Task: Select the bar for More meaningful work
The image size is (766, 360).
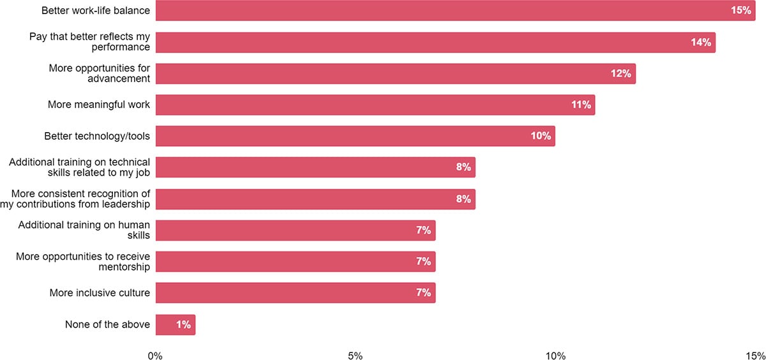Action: coord(375,105)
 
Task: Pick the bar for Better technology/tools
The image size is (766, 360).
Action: coord(355,136)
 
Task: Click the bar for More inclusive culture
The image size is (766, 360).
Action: coord(295,293)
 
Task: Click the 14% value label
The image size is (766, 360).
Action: coord(701,42)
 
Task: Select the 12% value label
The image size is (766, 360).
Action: coord(621,73)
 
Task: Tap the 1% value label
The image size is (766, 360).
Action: coord(184,325)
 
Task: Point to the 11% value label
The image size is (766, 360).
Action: coord(581,105)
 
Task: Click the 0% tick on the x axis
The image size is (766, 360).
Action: coord(156,356)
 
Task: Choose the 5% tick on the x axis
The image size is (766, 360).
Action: coord(356,356)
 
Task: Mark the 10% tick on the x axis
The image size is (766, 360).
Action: coord(555,356)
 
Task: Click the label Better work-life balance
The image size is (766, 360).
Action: coord(96,11)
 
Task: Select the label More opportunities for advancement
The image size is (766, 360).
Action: coord(100,73)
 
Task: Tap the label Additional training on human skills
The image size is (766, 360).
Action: coord(84,230)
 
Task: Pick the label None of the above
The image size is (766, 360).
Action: coord(107,325)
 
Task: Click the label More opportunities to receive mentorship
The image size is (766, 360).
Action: coord(83,262)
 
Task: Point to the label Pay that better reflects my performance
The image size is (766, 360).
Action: coord(90,42)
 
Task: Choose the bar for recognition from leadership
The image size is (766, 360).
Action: coord(315,199)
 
